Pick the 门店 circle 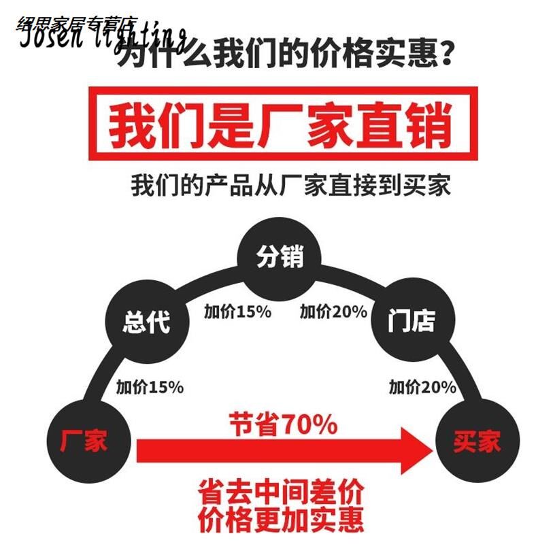click(411, 320)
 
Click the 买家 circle click(477, 441)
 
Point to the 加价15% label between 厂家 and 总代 click(150, 388)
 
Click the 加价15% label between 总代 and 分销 click(238, 312)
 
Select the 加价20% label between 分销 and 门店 click(333, 312)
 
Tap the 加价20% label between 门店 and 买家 click(422, 388)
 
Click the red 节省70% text click(283, 425)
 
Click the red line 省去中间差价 click(281, 490)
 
